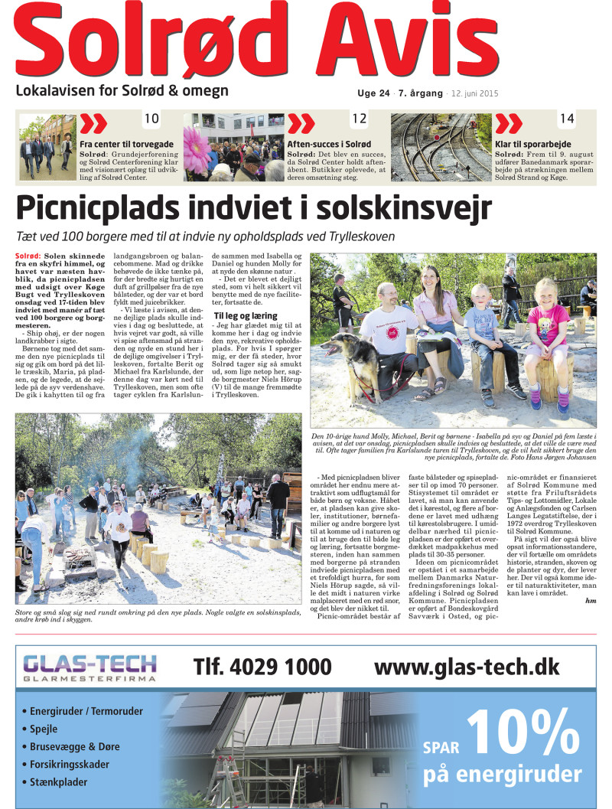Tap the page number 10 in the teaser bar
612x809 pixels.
tap(151, 119)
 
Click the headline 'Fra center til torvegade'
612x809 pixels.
tap(126, 144)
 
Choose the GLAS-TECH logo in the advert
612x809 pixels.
tap(90, 667)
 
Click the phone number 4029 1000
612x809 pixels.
tap(262, 667)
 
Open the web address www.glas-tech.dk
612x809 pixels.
tap(467, 667)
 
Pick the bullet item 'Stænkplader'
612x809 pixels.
tap(58, 782)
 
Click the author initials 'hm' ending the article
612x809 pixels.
tap(590, 601)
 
